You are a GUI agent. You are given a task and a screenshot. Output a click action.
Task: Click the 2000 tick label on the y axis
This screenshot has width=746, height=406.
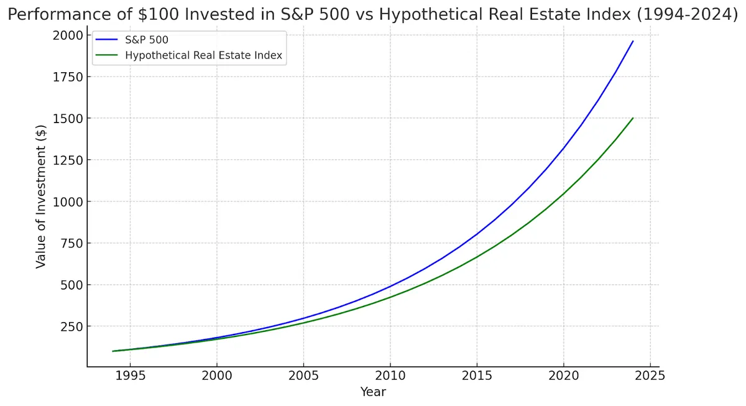tap(67, 35)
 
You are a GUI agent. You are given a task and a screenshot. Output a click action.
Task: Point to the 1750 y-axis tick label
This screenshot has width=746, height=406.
tap(67, 76)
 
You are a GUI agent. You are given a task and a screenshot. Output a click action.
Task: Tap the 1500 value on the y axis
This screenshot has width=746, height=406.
tap(67, 118)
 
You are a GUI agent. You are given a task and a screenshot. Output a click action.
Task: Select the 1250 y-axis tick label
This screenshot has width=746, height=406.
tap(67, 160)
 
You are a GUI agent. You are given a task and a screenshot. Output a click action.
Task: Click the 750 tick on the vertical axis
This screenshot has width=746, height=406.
tap(70, 243)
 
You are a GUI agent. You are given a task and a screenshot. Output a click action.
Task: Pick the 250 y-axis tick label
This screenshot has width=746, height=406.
tap(70, 326)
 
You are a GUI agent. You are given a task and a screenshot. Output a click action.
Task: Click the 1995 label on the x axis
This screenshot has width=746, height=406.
tap(130, 376)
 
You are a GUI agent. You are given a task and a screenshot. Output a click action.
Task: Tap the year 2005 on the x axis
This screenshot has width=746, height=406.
tap(303, 376)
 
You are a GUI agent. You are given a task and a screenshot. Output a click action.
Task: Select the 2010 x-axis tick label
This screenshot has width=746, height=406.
tap(390, 376)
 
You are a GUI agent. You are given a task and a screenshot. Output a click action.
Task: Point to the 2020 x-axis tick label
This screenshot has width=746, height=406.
tap(563, 376)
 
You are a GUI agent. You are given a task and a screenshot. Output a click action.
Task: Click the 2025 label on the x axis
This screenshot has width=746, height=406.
tap(650, 376)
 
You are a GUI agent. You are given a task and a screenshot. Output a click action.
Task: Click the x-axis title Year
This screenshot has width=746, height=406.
tap(373, 392)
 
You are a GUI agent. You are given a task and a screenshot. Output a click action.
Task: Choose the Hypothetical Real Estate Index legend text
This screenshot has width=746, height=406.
tap(203, 55)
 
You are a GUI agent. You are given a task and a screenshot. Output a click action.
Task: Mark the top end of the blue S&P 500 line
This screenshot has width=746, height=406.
tap(633, 41)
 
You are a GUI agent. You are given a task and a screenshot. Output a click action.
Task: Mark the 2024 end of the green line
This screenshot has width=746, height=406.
tap(633, 118)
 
